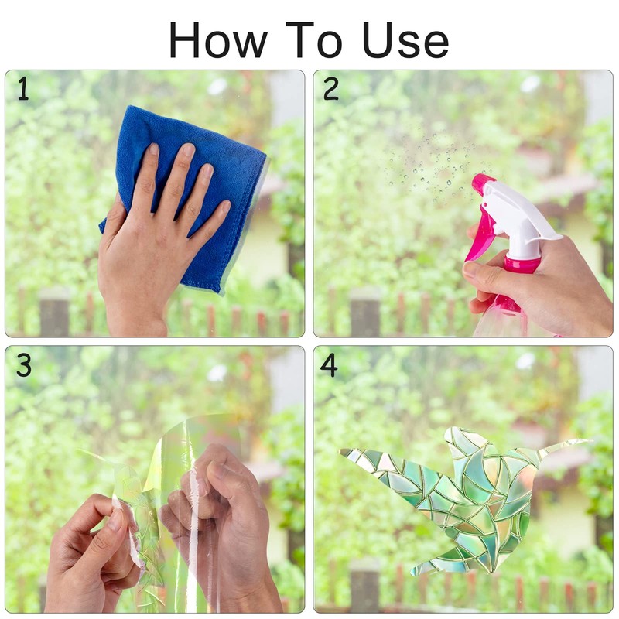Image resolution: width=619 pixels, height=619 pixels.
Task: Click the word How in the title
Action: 218,40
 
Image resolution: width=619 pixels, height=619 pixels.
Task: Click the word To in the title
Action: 314,40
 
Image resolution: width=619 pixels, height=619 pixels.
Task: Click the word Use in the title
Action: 405,40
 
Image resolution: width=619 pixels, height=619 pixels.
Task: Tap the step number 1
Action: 24,88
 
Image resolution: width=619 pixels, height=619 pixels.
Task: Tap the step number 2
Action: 331,88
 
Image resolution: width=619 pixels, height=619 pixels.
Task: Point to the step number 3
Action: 24,364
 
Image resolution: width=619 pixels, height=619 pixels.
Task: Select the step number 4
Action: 329,364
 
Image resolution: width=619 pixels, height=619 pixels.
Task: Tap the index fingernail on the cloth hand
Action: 153,149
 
